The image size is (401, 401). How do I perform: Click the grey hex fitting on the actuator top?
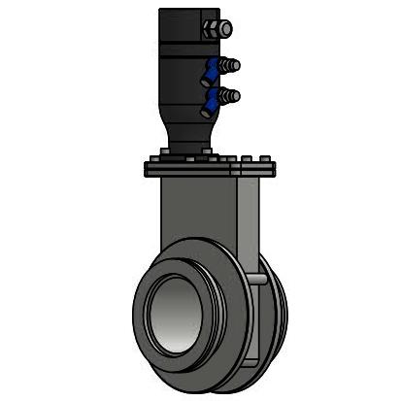(x=215, y=28)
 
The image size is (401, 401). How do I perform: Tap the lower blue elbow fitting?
(x=211, y=100)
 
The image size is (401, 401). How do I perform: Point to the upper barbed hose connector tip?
(x=234, y=65)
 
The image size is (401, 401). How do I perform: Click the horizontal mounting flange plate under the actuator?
(x=209, y=169)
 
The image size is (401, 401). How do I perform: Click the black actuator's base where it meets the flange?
(x=186, y=151)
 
